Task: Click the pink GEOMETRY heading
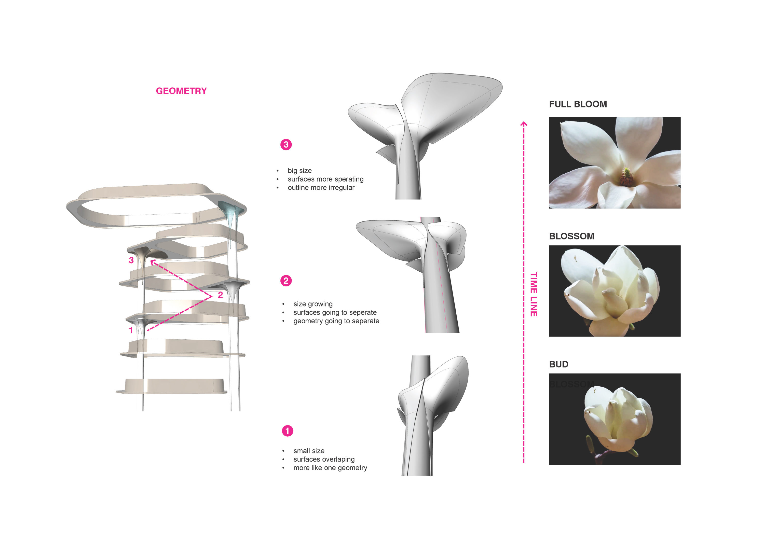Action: coord(181,91)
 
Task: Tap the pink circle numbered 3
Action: coord(286,145)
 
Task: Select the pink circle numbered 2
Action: coord(286,281)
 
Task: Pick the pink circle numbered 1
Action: coord(288,431)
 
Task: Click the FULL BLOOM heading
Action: coord(578,104)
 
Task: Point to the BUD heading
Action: coord(559,364)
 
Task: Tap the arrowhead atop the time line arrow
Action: coord(524,124)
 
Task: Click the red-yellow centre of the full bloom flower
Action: coord(626,176)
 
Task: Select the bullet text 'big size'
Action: coord(299,171)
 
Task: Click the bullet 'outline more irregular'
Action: coord(321,188)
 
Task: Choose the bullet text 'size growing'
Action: coord(313,304)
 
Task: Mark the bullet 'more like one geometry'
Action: coord(330,468)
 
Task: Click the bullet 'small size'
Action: coord(309,451)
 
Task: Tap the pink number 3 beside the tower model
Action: coord(131,260)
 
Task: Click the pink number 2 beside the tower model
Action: coord(220,295)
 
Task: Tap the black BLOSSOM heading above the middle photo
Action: coord(572,236)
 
